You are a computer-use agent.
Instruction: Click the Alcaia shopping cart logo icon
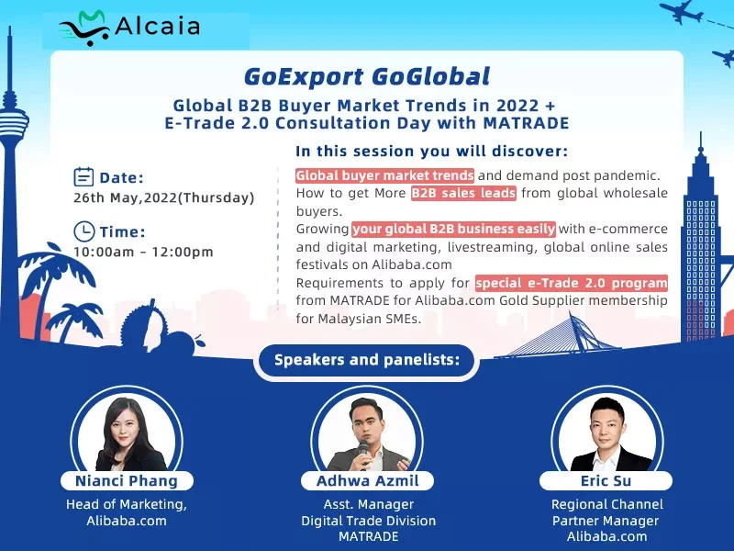coord(84,28)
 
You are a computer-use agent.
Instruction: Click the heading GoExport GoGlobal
coord(366,77)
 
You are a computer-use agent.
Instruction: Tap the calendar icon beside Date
coord(83,177)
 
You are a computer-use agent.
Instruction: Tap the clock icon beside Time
coord(83,231)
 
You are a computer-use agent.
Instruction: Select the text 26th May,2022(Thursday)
coord(164,197)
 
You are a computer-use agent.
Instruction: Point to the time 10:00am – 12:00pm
coord(143,252)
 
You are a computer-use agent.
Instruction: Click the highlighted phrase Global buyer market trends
coord(384,175)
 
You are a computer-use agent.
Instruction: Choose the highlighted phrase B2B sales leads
coord(463,193)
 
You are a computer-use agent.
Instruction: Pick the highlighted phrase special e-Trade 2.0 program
coord(571,283)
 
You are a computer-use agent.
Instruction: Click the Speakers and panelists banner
coord(366,360)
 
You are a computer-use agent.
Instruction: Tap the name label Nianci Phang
coord(127,480)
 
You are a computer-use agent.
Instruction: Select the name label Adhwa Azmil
coord(368,480)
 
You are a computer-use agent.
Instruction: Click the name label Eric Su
coord(606,480)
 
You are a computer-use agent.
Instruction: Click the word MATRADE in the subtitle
coord(526,123)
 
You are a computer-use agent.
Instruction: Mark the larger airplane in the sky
coord(681,12)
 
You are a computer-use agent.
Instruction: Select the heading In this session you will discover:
coord(431,152)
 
